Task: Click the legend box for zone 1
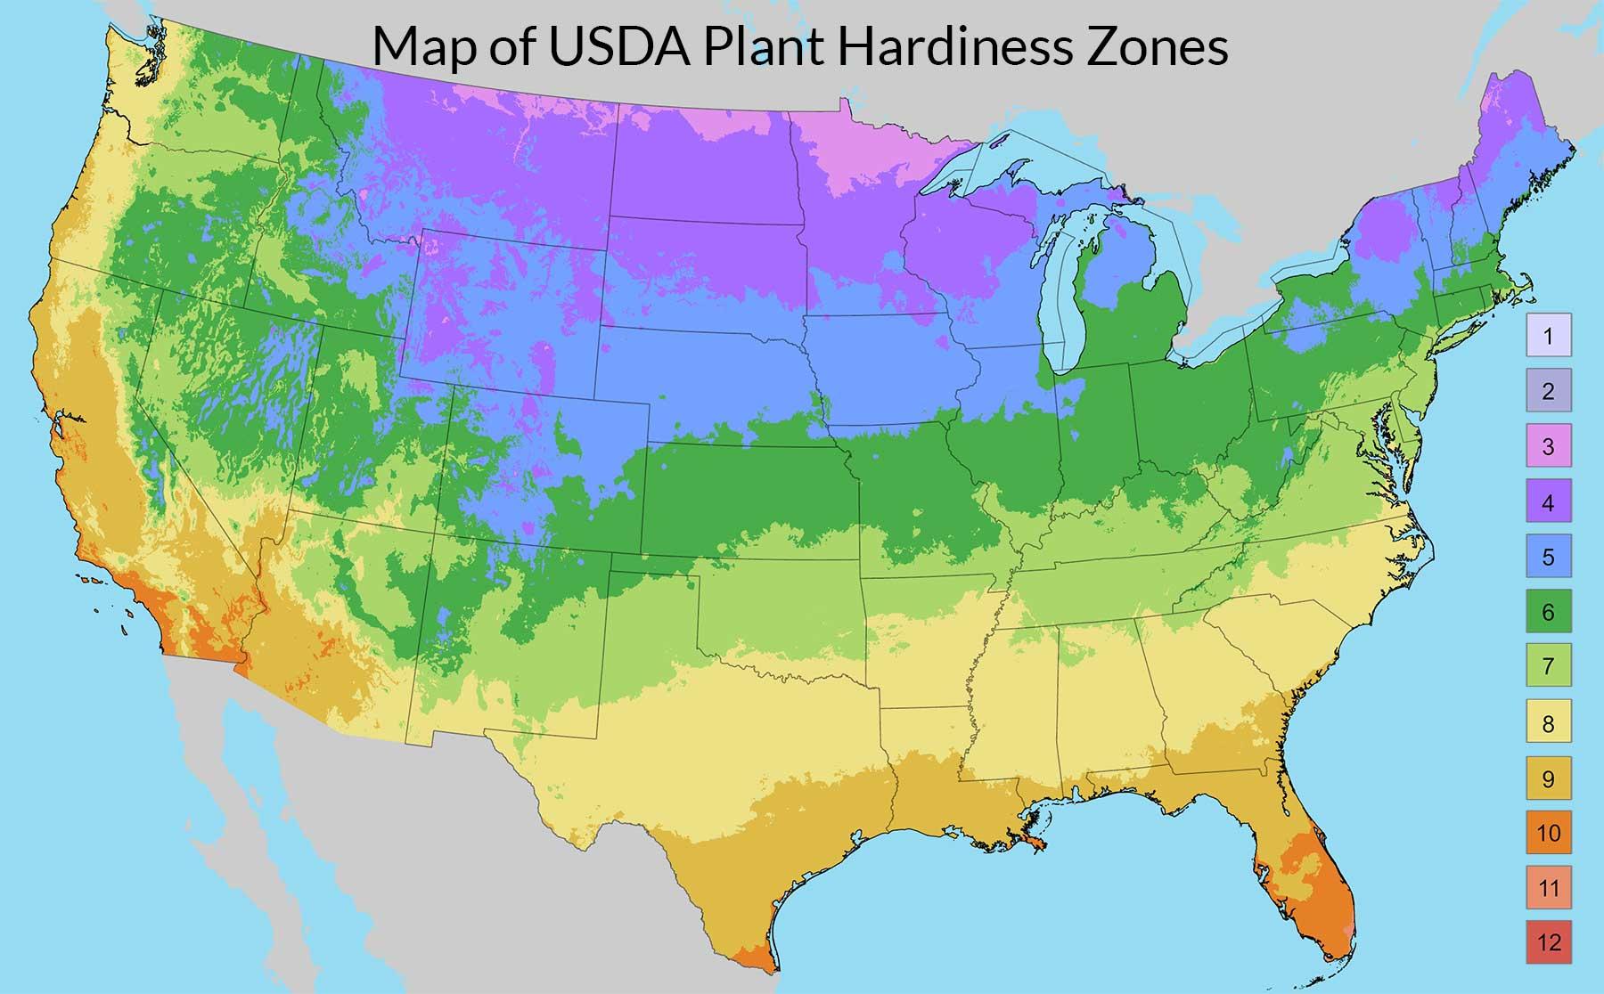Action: (1549, 336)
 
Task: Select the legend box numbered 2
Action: (1549, 390)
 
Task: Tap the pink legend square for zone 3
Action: (1549, 445)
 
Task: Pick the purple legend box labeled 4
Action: (1549, 501)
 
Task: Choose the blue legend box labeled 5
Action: (1549, 557)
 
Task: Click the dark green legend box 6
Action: (1549, 612)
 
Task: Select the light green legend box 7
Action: (1549, 666)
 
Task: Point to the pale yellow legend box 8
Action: (1549, 722)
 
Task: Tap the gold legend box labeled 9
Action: (1549, 778)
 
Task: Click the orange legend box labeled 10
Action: (1549, 833)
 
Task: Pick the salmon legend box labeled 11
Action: (1549, 888)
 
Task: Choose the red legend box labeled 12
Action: (1549, 942)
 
